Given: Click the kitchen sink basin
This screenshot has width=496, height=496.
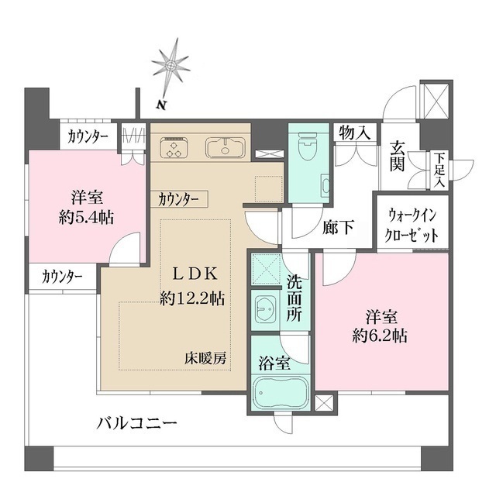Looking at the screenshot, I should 224,147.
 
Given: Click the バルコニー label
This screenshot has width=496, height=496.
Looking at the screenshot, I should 137,424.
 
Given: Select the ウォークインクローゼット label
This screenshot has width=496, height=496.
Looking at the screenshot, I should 412,225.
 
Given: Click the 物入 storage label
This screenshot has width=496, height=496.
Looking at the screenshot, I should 355,133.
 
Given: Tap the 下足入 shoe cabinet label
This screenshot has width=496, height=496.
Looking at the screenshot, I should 439,168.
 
